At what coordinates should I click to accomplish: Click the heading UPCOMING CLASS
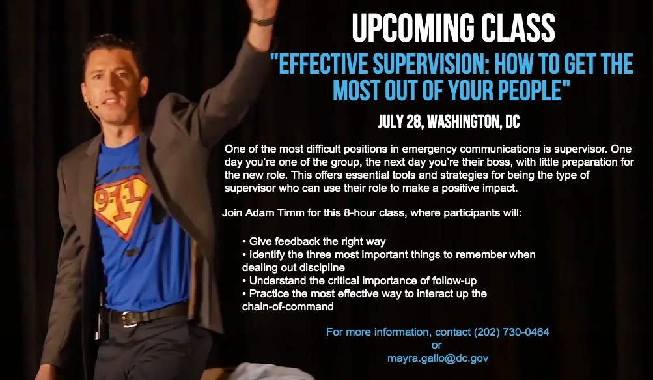point(453,29)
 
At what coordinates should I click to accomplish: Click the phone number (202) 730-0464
point(511,332)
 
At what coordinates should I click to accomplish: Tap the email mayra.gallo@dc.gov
point(438,358)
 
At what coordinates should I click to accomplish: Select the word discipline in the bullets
point(322,267)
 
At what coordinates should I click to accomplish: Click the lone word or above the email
point(437,345)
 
